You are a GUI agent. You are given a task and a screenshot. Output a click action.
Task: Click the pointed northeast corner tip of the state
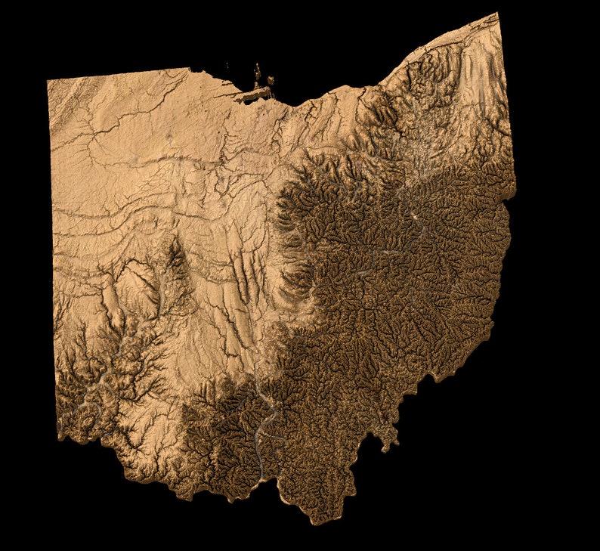pyautogui.click(x=496, y=14)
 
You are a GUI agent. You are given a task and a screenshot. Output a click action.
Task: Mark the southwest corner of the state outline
pyautogui.click(x=59, y=436)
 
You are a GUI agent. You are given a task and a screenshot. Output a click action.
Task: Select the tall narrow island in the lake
pyautogui.click(x=258, y=73)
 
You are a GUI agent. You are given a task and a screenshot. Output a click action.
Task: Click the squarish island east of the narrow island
pyautogui.click(x=270, y=79)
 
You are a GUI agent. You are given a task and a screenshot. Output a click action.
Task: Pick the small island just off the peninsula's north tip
pyautogui.click(x=255, y=86)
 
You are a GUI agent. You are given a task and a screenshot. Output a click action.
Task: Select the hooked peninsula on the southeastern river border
pyautogui.click(x=390, y=437)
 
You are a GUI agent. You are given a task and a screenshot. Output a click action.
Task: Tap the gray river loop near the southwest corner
pyautogui.click(x=91, y=408)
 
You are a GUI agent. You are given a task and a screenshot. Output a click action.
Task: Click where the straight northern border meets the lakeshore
pyautogui.click(x=189, y=70)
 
